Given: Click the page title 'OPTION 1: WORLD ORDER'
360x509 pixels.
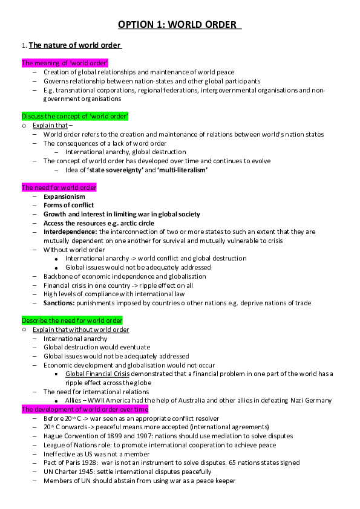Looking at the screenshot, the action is pyautogui.click(x=180, y=25).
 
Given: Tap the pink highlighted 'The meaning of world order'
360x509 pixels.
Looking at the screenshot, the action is pyautogui.click(x=65, y=63).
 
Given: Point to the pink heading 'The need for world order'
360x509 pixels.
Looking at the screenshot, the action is pyautogui.click(x=59, y=187).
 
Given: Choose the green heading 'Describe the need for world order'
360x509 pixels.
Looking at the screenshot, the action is pyautogui.click(x=72, y=320).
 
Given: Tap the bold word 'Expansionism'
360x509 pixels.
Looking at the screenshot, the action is pyautogui.click(x=64, y=196).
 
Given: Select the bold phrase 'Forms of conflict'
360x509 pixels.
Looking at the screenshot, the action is pyautogui.click(x=68, y=206).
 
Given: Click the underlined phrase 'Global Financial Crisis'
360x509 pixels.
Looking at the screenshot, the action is pyautogui.click(x=98, y=374).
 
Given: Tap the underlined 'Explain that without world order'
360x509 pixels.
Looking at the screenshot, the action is pyautogui.click(x=80, y=329).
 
